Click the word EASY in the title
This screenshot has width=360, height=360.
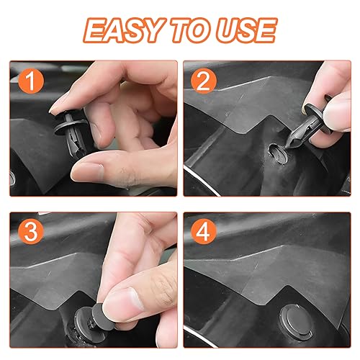click(x=124, y=30)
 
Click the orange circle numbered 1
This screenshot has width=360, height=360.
click(x=31, y=81)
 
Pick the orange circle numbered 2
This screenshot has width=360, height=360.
click(x=204, y=81)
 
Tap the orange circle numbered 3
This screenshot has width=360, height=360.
click(x=31, y=232)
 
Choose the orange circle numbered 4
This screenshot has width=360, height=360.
click(x=204, y=232)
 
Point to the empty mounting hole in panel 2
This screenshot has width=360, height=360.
click(x=279, y=153)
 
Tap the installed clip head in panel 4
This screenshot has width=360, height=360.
click(x=297, y=323)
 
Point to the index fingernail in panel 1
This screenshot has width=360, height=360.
click(x=57, y=106)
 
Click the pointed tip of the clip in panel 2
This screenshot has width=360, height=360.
click(x=286, y=150)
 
